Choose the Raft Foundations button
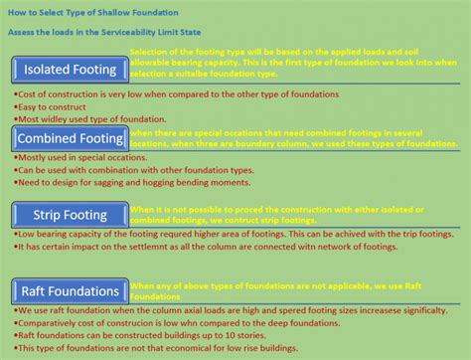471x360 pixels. [69, 290]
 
